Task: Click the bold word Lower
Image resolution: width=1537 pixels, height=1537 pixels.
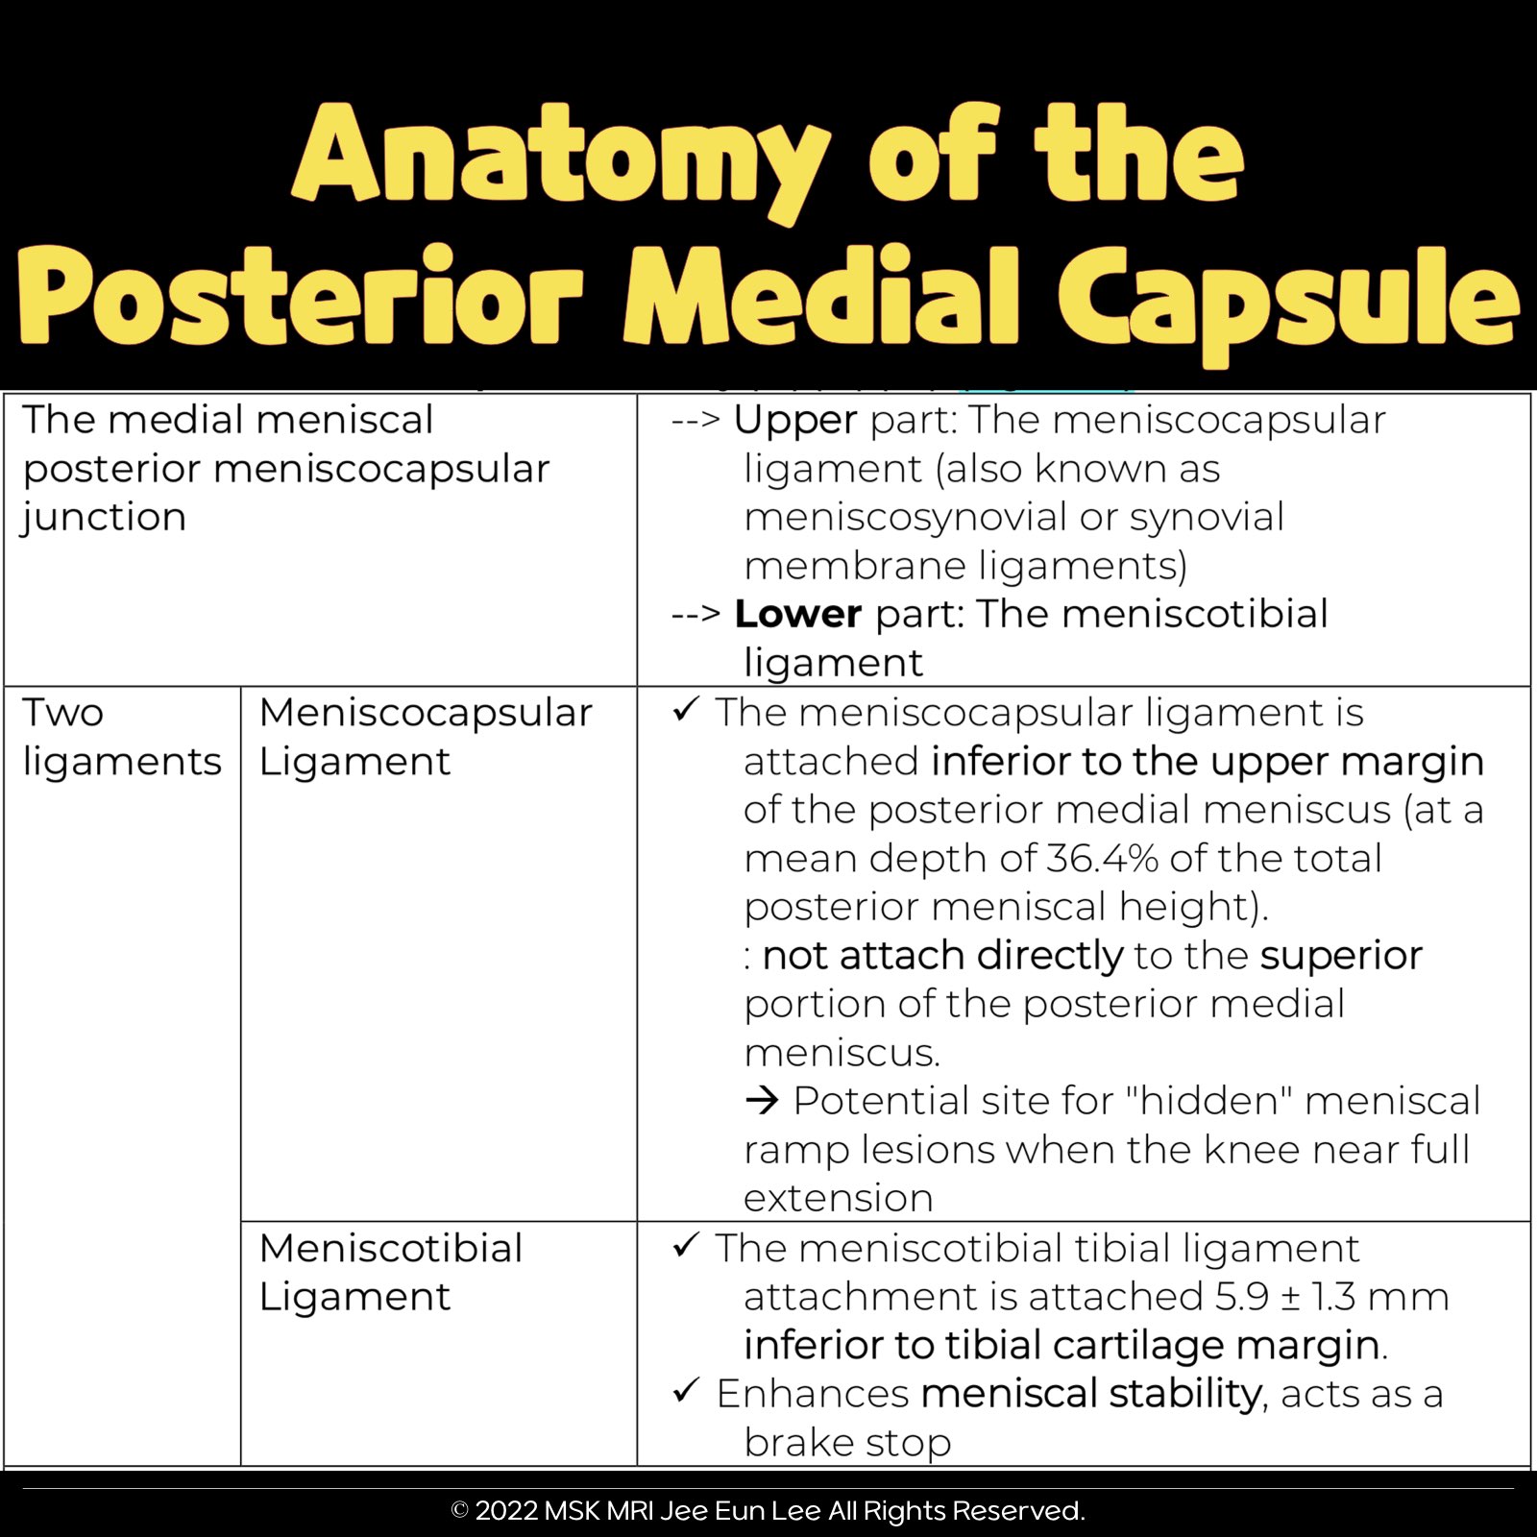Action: coord(797,614)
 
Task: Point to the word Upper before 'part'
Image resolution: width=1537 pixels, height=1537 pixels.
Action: coord(794,421)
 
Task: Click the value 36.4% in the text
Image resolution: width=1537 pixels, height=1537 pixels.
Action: coord(1102,858)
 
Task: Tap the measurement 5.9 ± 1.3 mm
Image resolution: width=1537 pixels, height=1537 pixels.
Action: coord(1331,1297)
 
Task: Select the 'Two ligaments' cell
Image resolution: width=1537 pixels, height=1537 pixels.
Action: coord(121,737)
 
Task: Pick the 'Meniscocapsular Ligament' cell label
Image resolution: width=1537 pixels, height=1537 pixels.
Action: coord(425,737)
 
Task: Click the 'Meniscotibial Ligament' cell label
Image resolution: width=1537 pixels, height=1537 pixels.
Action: coord(390,1272)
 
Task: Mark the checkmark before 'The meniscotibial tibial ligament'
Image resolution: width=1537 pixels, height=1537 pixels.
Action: coord(686,1245)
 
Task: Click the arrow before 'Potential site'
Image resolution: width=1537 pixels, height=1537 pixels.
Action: coord(762,1101)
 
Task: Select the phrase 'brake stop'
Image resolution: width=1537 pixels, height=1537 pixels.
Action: coord(847,1442)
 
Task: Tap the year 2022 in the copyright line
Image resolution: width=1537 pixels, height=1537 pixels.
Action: coord(506,1511)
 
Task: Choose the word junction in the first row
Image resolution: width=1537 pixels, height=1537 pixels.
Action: coord(104,518)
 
